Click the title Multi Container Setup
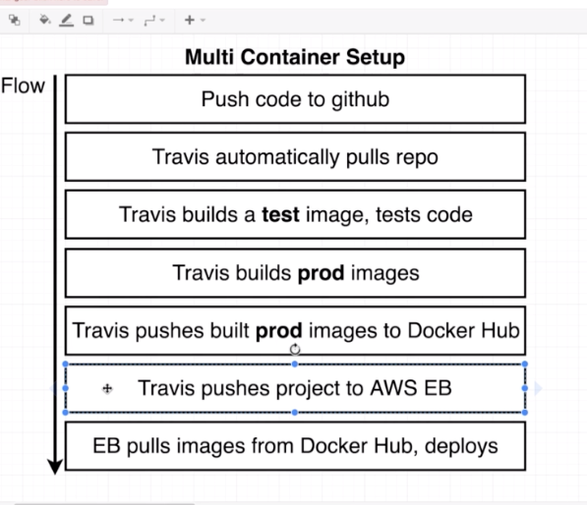point(295,58)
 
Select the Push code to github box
point(295,99)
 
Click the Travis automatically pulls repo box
point(295,157)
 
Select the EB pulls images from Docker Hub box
point(295,446)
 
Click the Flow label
point(23,85)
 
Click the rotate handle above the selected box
point(295,349)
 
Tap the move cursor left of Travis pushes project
point(107,389)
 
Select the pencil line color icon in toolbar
point(67,19)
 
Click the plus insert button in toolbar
point(189,19)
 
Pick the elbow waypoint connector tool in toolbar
point(151,19)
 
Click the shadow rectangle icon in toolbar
point(88,19)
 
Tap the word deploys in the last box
point(466,446)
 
